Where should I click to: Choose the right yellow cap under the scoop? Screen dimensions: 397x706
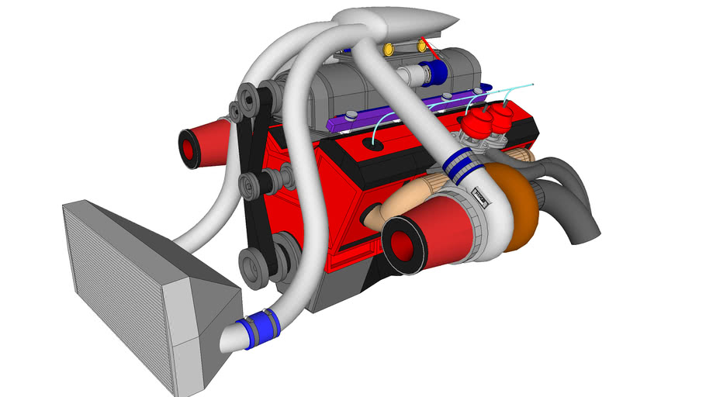click(421, 47)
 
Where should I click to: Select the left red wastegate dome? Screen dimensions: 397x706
click(472, 123)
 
